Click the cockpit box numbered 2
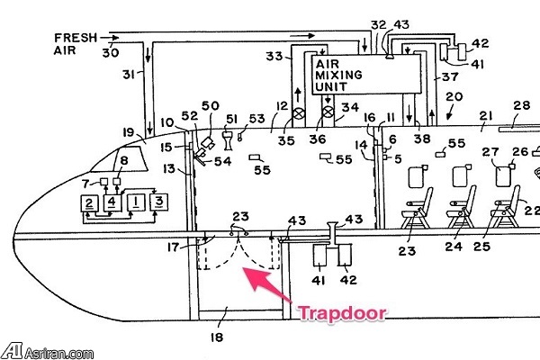pos(89,202)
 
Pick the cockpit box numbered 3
pos(158,200)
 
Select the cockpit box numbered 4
pos(112,201)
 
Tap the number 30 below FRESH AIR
pos(110,53)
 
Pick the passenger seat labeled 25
pos(504,207)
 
